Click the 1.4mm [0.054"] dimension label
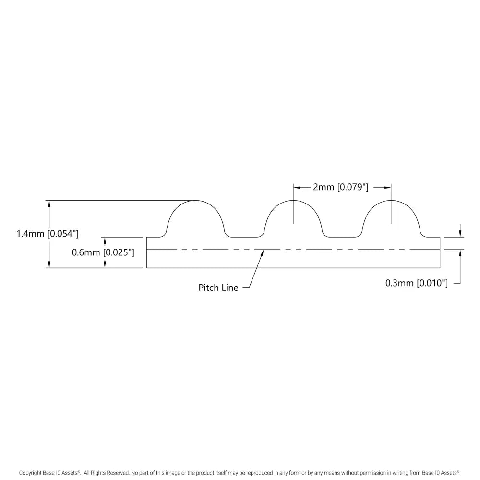[47, 234]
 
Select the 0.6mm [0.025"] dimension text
[103, 252]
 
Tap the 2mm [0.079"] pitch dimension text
[340, 187]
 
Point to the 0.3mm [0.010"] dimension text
[416, 283]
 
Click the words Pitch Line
[218, 288]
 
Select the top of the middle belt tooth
[293, 200]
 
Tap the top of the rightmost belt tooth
[391, 200]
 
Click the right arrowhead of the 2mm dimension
[387, 187]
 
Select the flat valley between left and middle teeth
[244, 237]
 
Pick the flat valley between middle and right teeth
[342, 237]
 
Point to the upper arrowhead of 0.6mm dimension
[104, 240]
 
